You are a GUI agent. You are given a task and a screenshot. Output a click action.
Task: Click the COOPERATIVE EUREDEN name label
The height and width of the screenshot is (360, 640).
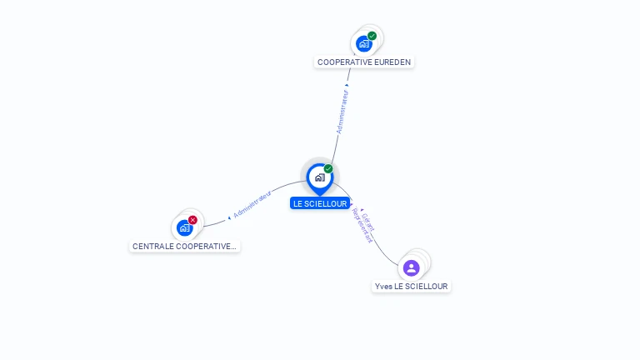tap(364, 62)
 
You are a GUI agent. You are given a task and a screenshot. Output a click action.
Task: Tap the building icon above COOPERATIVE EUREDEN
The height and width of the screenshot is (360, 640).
tap(363, 44)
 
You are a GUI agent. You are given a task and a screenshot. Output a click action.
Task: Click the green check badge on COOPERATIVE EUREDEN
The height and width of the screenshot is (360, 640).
tap(372, 36)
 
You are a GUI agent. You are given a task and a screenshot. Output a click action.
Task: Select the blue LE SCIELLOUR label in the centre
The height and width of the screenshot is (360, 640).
tap(320, 203)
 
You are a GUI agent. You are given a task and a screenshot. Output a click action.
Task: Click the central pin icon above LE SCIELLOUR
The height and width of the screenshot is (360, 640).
tap(319, 177)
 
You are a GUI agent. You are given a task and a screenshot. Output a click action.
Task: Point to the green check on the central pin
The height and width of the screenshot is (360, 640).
tap(328, 169)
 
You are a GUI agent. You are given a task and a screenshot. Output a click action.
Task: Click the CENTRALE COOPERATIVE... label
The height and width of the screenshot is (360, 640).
tap(184, 247)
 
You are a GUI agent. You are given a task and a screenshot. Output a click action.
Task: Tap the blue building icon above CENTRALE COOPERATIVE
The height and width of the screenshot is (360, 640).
tap(184, 228)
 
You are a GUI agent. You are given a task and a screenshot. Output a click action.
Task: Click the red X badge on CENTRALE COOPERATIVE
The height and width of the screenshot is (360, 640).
tap(192, 220)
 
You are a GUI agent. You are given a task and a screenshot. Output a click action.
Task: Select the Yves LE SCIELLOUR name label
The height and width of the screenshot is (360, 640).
tap(411, 287)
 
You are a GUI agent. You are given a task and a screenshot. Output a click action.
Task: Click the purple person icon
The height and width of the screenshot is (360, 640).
tap(411, 267)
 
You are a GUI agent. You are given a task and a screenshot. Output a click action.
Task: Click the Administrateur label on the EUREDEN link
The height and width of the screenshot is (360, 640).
tap(342, 112)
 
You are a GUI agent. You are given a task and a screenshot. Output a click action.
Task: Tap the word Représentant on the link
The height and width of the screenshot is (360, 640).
tap(362, 226)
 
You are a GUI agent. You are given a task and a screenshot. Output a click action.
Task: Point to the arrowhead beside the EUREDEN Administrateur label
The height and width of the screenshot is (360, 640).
tap(347, 85)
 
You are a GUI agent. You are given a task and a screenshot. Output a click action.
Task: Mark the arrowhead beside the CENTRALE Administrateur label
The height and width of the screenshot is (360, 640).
tap(228, 217)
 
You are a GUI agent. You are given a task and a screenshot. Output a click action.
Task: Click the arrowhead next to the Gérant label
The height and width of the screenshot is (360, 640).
tap(362, 209)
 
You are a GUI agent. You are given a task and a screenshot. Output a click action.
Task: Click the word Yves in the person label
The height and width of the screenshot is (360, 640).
tap(383, 287)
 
